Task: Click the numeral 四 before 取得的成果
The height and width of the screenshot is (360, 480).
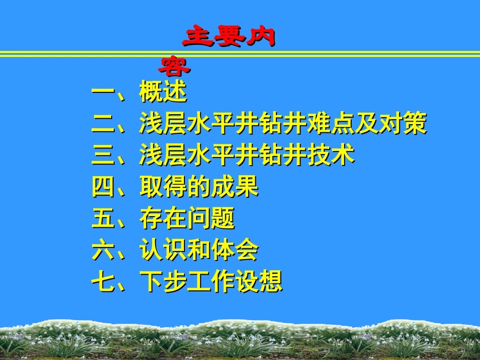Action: point(103,187)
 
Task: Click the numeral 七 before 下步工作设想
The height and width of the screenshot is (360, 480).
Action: point(103,282)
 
